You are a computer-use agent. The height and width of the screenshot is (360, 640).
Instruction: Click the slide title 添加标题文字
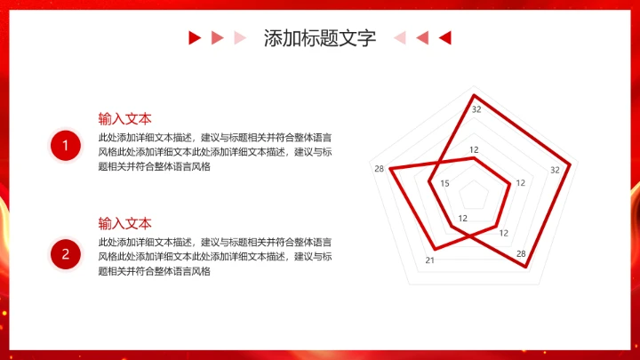[x=319, y=38]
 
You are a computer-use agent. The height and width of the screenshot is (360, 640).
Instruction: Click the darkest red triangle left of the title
[x=194, y=37]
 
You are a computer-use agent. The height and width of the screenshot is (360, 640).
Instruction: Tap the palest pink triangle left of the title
[x=239, y=37]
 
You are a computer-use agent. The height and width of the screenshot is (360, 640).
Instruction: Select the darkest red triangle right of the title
[x=445, y=37]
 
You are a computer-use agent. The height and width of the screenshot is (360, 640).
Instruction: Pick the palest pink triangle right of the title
[x=400, y=37]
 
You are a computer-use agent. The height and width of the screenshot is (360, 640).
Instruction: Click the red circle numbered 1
[x=65, y=146]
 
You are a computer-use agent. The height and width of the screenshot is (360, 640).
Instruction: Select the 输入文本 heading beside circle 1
[x=124, y=118]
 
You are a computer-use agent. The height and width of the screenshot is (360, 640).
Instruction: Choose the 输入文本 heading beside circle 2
[x=124, y=223]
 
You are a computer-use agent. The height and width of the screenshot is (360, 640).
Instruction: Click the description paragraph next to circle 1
[x=215, y=152]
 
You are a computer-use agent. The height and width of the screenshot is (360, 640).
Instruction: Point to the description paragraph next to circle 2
[x=215, y=257]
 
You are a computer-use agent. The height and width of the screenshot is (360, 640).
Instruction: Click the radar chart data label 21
[x=429, y=260]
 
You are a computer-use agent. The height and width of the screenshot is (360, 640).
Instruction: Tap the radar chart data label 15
[x=445, y=184]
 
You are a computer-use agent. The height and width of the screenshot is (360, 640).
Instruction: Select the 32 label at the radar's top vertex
[x=476, y=109]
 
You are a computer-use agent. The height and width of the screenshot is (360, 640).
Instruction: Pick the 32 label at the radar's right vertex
[x=555, y=170]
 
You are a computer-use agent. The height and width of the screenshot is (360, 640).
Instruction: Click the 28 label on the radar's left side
[x=380, y=170]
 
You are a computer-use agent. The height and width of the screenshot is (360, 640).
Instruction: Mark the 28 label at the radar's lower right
[x=521, y=253]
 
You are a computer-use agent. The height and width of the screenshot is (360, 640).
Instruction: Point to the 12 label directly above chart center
[x=474, y=149]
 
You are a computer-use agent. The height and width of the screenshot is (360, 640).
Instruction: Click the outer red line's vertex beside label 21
[x=434, y=247]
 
